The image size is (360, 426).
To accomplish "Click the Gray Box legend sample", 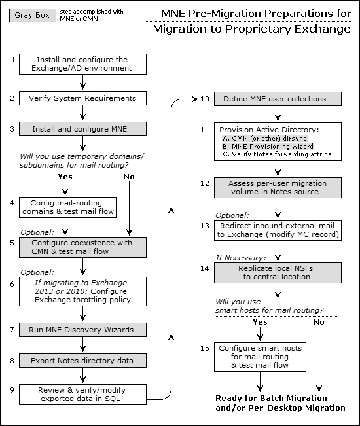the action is click(x=32, y=16).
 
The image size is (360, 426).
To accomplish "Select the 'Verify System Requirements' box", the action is click(x=82, y=98).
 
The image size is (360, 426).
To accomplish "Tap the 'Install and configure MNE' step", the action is click(x=82, y=129).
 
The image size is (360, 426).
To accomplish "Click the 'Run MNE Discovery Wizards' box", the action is click(x=82, y=330).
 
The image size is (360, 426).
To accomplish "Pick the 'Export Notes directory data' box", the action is click(x=82, y=361).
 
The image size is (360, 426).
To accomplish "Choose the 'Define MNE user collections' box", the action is click(x=278, y=99).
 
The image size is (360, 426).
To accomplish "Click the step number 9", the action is click(x=12, y=390).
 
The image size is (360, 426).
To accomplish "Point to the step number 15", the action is click(x=205, y=348).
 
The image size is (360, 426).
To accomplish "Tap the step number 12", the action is click(x=205, y=183).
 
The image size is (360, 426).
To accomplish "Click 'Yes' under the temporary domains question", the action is click(x=65, y=177).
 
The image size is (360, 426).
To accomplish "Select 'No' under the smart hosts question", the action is click(x=319, y=322).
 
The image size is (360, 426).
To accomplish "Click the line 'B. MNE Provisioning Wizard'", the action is click(x=268, y=147).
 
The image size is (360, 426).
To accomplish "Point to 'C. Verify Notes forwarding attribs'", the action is click(x=277, y=154).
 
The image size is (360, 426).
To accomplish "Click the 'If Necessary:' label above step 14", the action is click(x=241, y=258).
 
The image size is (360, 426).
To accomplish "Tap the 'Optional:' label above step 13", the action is click(x=232, y=215).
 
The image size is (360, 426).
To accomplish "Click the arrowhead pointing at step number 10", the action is click(x=196, y=99).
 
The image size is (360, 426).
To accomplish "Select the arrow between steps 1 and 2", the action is click(x=83, y=82).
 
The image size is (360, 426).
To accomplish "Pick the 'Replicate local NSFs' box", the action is click(x=278, y=273).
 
